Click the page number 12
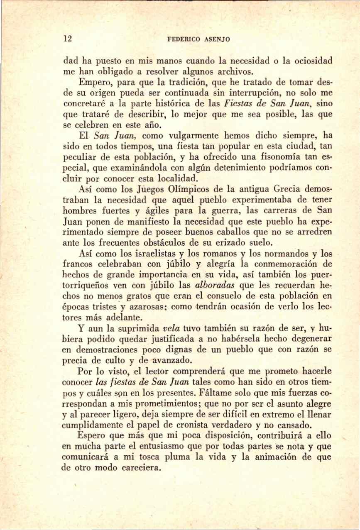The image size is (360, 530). pyautogui.click(x=68, y=39)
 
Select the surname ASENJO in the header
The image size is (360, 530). pyautogui.click(x=216, y=40)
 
